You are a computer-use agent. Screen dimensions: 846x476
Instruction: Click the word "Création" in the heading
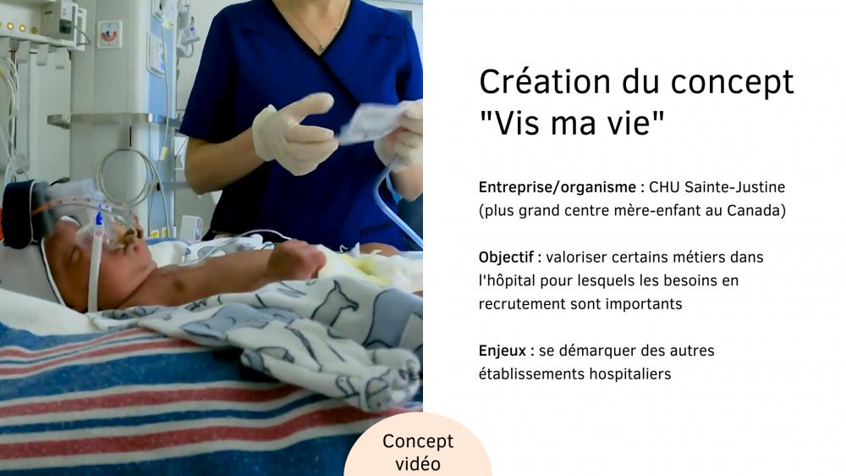pos(545,81)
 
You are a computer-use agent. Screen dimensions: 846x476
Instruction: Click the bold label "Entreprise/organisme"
pos(558,187)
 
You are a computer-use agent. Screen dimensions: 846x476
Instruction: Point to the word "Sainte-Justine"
pos(735,187)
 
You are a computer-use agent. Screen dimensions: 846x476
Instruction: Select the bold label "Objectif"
pos(506,257)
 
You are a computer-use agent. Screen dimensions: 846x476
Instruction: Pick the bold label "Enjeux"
pos(503,351)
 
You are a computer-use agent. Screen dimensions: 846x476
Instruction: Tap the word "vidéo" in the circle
pos(418,464)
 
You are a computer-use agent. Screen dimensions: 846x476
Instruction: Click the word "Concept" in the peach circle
pos(418,441)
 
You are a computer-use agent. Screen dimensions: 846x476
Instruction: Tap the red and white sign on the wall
pos(109,35)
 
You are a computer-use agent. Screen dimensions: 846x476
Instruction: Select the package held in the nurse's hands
pos(372,123)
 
